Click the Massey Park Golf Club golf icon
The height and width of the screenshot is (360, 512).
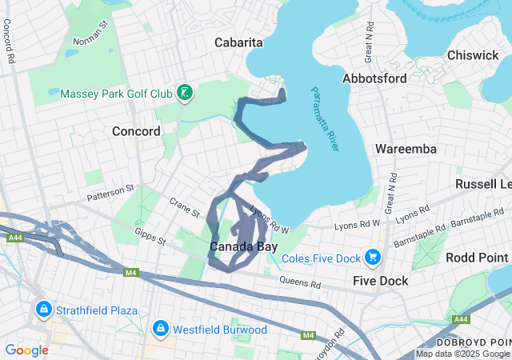coord(185,93)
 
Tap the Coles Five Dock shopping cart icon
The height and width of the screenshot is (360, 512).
coord(372,257)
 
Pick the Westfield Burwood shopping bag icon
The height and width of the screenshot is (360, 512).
coord(161,329)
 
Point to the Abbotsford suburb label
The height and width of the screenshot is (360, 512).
coord(374,78)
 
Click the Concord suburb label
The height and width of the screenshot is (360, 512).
coord(136,131)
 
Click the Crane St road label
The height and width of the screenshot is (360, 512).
coord(184,207)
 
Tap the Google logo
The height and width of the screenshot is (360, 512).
coord(26,350)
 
